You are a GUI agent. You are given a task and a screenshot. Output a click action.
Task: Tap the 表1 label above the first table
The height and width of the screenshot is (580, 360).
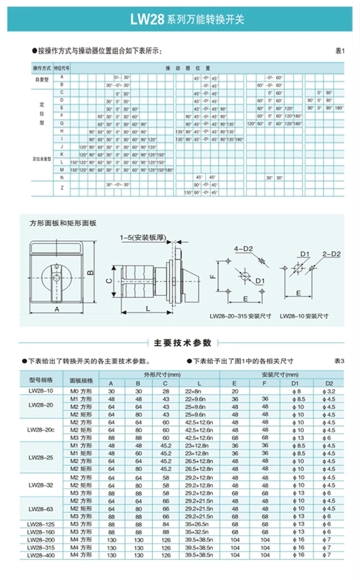click(340, 51)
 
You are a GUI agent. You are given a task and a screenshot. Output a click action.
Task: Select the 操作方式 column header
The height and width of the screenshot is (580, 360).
click(41, 68)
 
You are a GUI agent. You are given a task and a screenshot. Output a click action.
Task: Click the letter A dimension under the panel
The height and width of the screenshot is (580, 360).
click(57, 309)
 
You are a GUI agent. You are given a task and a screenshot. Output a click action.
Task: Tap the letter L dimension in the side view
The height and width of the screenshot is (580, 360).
click(148, 309)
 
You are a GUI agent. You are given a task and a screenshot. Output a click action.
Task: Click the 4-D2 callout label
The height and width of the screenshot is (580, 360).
click(243, 249)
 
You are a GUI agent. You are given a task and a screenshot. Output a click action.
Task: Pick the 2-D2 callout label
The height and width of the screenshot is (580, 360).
click(331, 254)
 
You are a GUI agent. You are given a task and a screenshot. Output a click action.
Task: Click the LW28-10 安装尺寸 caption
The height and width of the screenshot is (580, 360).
click(304, 316)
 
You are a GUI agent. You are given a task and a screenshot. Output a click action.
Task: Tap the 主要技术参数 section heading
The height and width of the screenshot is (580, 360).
click(183, 343)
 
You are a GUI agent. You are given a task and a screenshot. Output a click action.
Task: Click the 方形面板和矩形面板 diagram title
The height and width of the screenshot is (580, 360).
click(63, 223)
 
